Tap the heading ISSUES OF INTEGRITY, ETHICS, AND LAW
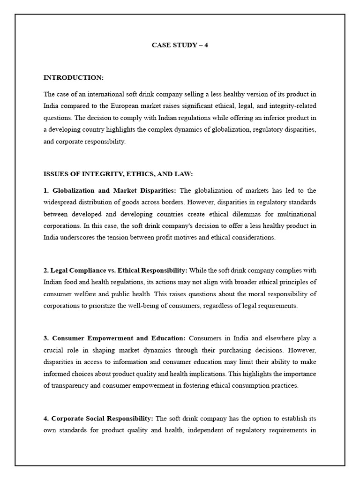coord(118,174)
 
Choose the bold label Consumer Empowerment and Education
coord(119,338)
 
